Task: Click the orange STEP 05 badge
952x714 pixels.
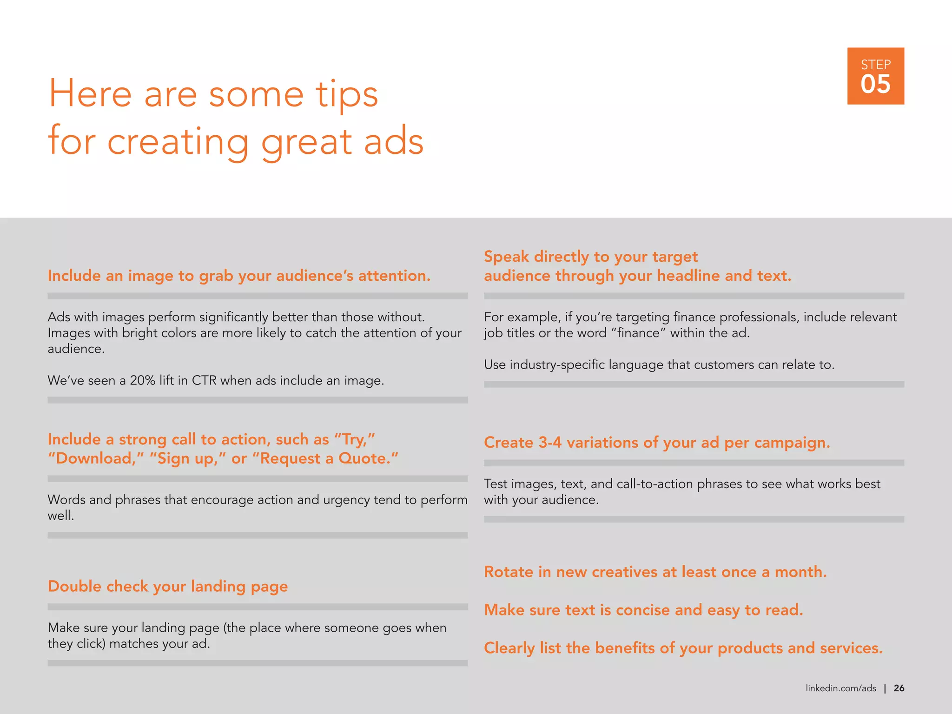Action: click(875, 76)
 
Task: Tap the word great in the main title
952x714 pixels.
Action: click(306, 142)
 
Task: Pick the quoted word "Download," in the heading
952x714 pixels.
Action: click(96, 459)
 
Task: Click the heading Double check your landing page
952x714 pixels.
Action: click(168, 587)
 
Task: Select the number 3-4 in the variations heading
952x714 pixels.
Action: click(550, 443)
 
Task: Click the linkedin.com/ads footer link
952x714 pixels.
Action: click(840, 688)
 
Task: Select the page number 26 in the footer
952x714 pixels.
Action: click(899, 688)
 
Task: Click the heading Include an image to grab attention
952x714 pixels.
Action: click(239, 276)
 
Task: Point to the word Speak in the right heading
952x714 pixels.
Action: click(506, 257)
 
